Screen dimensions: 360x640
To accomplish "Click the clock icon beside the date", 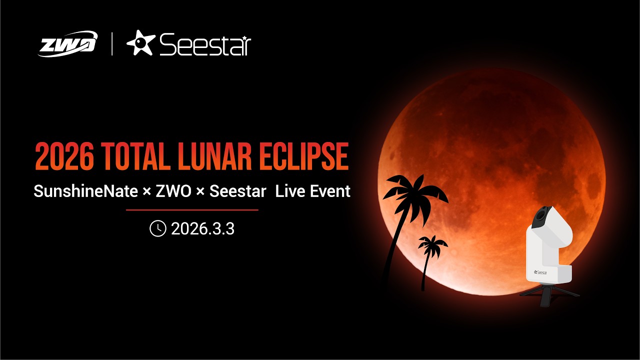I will coord(157,229).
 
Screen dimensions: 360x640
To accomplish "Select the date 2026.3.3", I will coord(202,229).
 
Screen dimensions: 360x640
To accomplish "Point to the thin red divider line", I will coord(192,210).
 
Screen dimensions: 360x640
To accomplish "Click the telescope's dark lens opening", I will coord(541,214).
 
